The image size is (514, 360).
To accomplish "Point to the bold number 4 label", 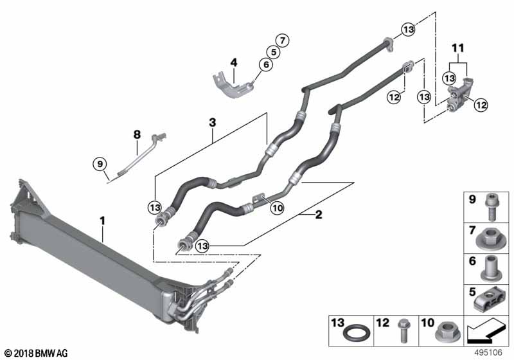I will point(234,62).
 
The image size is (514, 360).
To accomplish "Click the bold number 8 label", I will point(136,134).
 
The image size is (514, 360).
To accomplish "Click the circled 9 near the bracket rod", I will point(100,165).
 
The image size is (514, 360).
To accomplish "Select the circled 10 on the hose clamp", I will point(277,207).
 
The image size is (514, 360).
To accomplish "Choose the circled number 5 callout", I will point(274,51).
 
